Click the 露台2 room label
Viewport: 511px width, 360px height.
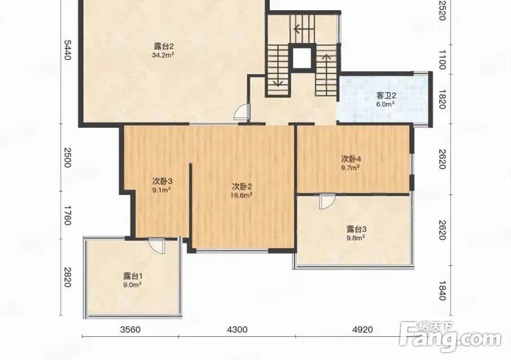(163, 46)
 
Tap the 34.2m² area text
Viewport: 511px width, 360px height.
(163, 55)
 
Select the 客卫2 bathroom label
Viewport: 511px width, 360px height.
(386, 96)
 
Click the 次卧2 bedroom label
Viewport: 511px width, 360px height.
(242, 187)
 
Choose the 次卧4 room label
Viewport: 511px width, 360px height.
(351, 159)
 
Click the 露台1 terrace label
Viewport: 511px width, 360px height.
(133, 276)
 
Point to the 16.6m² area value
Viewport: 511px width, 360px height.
(242, 196)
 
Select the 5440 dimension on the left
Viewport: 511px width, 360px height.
(67, 50)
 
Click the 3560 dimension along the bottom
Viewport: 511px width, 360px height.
(130, 329)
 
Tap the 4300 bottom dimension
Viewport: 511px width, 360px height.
(237, 329)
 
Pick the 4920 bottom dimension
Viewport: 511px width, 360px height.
(362, 329)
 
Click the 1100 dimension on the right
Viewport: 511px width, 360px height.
(442, 60)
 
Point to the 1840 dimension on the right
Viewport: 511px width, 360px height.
(442, 291)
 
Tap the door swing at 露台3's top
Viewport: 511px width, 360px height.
(327, 201)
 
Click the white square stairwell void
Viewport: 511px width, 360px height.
(302, 58)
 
